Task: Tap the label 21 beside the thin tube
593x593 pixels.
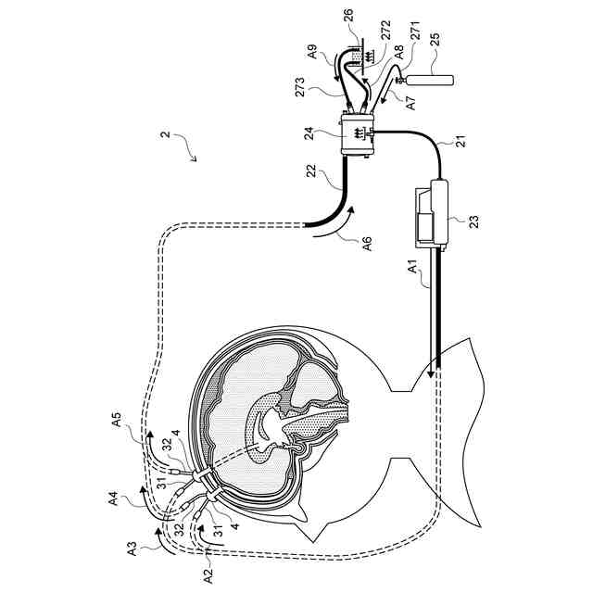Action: (460, 144)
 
